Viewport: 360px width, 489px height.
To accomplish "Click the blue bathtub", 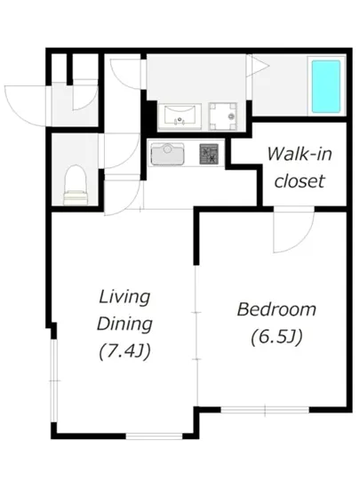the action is point(325,86).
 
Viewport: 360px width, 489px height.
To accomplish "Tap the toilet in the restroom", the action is point(76,185).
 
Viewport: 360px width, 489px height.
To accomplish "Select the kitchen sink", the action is point(167,154).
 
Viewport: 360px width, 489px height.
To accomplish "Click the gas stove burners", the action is point(209,154).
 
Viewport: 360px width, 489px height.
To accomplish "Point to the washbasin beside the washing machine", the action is point(180,116).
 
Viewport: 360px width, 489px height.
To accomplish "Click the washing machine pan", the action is point(223,116).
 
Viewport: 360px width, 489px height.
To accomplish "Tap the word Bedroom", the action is point(276,309).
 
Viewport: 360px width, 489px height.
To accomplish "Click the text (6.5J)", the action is point(276,337).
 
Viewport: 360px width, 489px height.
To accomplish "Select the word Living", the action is point(124,297).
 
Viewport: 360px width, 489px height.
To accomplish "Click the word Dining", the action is point(124,325).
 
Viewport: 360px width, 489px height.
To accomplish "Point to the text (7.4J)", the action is point(124,351).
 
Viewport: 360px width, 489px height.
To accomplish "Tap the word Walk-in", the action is point(300,154).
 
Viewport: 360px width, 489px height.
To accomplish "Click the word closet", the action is point(300,181).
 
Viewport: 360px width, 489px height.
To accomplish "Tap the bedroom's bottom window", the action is point(265,410).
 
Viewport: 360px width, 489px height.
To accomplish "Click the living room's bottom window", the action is point(154,436).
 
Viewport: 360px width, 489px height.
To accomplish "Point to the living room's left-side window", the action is point(54,381).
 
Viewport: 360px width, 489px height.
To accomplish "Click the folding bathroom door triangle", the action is point(257,66).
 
